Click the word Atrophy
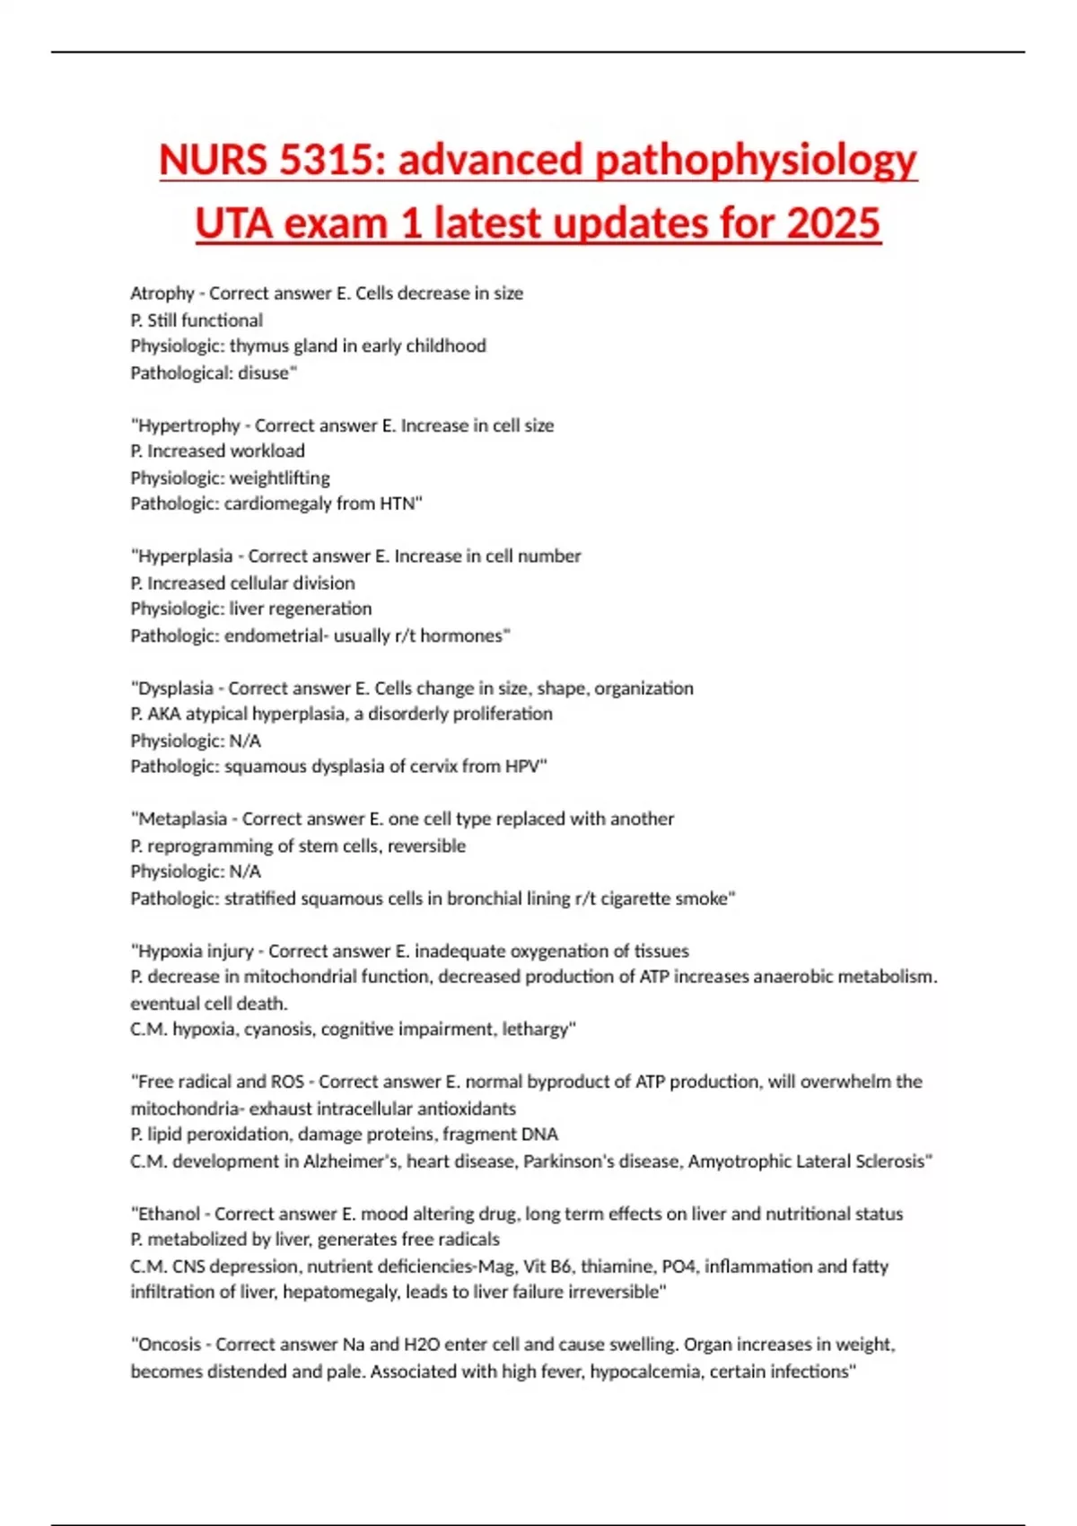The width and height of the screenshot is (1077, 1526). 162,294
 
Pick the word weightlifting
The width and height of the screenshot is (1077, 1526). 279,478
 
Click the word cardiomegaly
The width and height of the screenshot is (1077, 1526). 277,504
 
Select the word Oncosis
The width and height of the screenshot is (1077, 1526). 170,1345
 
